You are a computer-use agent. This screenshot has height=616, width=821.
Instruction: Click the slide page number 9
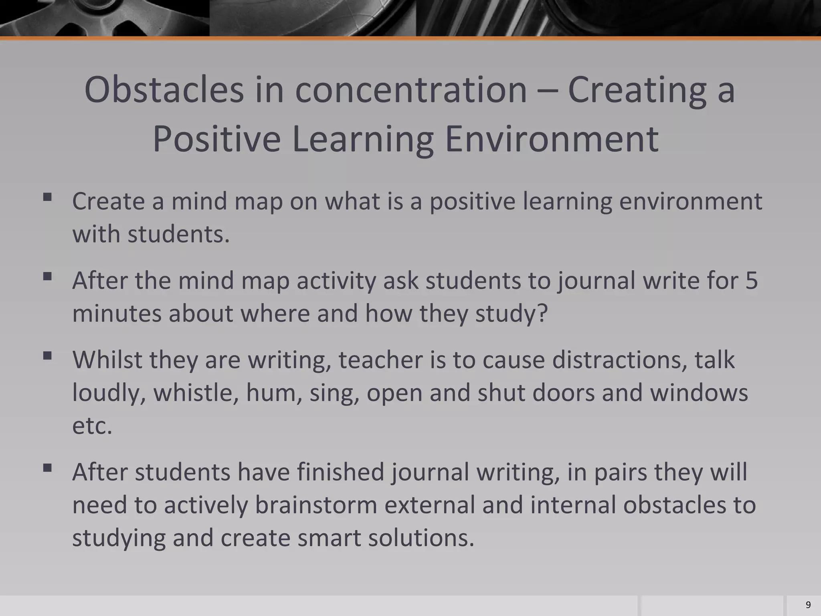808,605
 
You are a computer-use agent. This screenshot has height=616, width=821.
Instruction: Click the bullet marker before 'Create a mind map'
47,197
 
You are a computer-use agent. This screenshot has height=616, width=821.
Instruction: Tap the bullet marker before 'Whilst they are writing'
47,356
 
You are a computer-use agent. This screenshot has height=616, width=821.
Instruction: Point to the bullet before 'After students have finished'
47,468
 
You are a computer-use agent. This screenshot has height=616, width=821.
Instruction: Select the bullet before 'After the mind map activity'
47,276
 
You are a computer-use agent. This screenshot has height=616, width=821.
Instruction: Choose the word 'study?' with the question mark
512,313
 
